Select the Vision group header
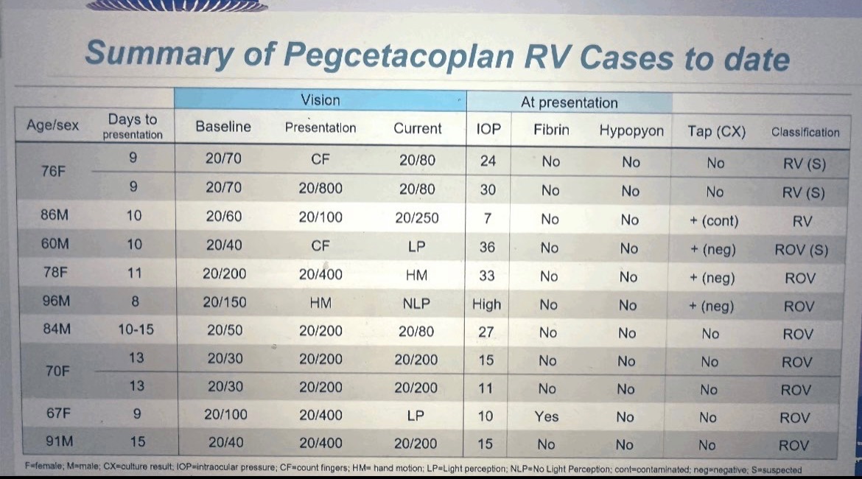(320, 100)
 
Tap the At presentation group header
(569, 102)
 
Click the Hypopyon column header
(631, 130)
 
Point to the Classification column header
(805, 133)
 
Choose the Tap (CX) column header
(716, 132)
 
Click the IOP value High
(486, 304)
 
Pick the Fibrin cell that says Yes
(547, 416)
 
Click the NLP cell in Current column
(416, 303)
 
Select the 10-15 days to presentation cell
(136, 329)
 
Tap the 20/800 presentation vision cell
(320, 189)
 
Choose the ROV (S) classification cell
(801, 250)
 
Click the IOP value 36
(487, 247)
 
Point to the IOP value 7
(487, 219)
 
